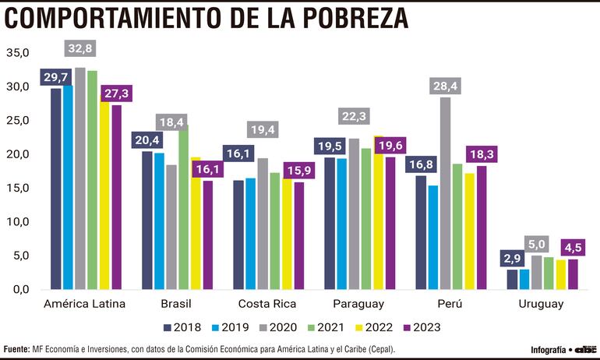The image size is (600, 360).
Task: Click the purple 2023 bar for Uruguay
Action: [x=574, y=274]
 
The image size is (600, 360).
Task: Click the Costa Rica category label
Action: [x=266, y=303]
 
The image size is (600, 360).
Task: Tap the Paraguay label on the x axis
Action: [x=358, y=303]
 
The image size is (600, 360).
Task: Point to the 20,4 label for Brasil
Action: [x=146, y=139]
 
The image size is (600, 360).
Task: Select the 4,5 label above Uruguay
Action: [x=573, y=249]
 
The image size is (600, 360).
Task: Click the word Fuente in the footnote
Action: [x=17, y=349]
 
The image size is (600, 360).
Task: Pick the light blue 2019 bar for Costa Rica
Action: [x=250, y=234]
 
